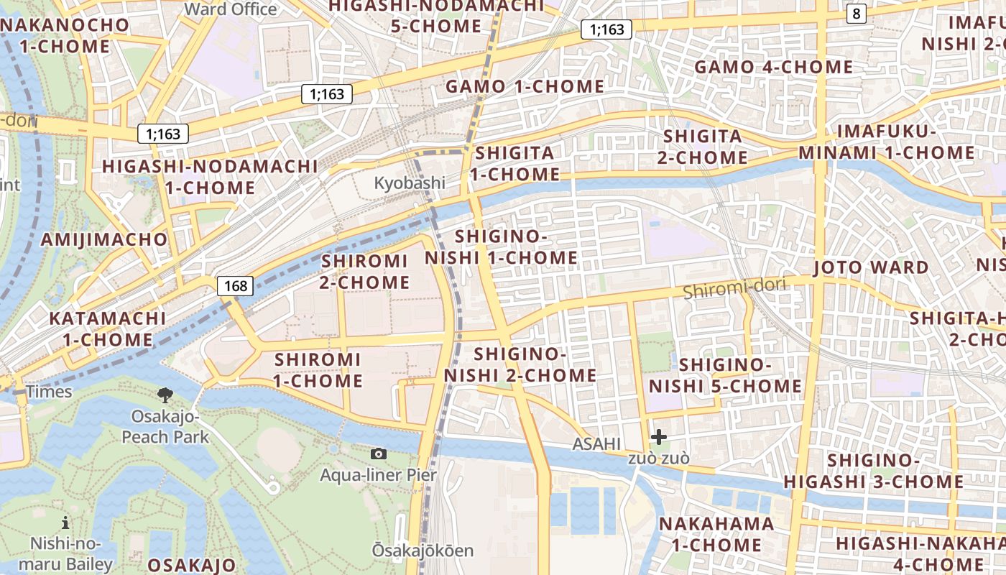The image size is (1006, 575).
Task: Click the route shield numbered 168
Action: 236,286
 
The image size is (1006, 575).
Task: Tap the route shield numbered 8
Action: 855,13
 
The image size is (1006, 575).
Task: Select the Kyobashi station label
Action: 410,183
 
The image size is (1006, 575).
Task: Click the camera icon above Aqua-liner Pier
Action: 379,454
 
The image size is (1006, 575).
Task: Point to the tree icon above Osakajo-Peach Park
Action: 165,394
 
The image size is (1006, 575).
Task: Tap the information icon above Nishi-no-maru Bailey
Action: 66,523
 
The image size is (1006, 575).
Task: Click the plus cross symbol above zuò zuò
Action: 658,436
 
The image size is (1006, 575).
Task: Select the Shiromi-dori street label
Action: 734,289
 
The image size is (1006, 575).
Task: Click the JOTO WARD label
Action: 871,267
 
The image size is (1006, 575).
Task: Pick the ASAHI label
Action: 596,444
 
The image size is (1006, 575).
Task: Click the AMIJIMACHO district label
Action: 104,239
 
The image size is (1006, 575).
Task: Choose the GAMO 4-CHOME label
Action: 773,68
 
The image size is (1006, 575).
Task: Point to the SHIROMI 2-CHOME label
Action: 365,272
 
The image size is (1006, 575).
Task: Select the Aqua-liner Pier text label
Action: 378,475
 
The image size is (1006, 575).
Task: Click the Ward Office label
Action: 231,9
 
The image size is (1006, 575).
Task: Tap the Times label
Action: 49,392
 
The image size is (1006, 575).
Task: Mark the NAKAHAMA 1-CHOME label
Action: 716,534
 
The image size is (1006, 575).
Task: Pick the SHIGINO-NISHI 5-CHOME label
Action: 725,375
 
